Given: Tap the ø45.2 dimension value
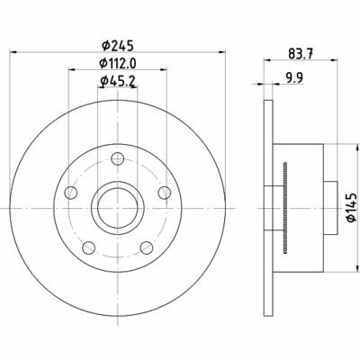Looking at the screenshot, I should pos(117,85).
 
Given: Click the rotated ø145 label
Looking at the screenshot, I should pos(350,205).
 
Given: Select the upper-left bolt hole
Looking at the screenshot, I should pos(70,190).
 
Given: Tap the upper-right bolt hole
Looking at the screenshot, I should pos(164,190).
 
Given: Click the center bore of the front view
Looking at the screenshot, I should pos(117,205).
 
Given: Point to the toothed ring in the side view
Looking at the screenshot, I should pos(285,205).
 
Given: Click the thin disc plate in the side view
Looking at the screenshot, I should pos(269,205).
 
